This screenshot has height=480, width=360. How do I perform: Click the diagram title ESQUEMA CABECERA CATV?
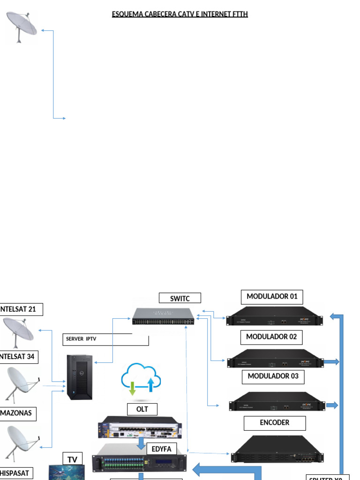click(180, 14)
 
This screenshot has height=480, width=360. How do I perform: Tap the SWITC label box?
click(180, 298)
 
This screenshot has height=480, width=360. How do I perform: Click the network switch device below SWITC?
click(163, 316)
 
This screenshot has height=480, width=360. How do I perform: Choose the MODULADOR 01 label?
click(272, 297)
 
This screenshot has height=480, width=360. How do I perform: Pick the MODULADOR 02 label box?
click(271, 337)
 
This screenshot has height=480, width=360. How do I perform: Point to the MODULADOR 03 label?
click(272, 376)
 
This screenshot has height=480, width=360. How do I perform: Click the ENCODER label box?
click(274, 423)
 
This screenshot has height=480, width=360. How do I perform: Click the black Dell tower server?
click(80, 377)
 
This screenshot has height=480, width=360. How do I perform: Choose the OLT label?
click(142, 409)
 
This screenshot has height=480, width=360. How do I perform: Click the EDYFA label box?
click(162, 449)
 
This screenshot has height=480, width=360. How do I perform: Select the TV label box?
click(72, 460)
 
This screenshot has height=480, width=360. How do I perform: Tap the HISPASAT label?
click(15, 473)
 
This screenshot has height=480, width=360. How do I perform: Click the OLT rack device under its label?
click(140, 427)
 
